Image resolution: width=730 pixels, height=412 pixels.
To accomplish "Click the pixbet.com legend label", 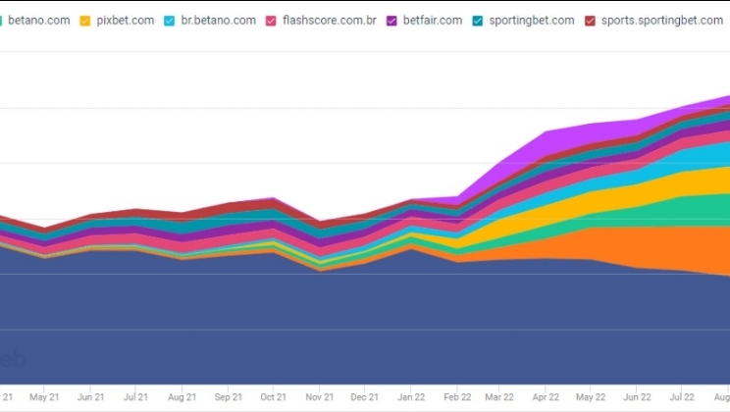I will pyautogui.click(x=126, y=20).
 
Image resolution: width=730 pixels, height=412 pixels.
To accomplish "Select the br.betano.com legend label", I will pyautogui.click(x=219, y=20).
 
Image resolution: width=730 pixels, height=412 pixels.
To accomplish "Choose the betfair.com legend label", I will pyautogui.click(x=432, y=20).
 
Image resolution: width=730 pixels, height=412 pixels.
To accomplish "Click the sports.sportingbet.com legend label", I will pyautogui.click(x=662, y=20).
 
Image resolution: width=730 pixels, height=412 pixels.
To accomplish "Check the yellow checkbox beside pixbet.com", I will pyautogui.click(x=85, y=20).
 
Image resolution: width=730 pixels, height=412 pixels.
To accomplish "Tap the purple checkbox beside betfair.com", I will pyautogui.click(x=391, y=20).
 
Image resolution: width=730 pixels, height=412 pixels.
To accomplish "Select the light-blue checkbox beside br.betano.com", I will pyautogui.click(x=170, y=20).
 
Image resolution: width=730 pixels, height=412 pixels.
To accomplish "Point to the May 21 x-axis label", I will pyautogui.click(x=44, y=397).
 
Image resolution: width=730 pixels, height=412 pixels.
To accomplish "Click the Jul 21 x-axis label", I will pyautogui.click(x=136, y=397).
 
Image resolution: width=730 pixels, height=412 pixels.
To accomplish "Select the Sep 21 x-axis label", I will pyautogui.click(x=228, y=397).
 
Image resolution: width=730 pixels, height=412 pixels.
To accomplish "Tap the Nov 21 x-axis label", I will pyautogui.click(x=319, y=397).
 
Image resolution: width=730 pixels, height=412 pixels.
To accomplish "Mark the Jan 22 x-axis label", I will pyautogui.click(x=411, y=397).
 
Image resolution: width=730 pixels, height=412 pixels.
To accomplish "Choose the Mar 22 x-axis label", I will pyautogui.click(x=498, y=397).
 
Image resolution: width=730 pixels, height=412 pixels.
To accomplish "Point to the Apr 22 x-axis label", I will pyautogui.click(x=545, y=397).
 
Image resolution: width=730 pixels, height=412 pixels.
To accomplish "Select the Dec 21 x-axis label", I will pyautogui.click(x=364, y=397).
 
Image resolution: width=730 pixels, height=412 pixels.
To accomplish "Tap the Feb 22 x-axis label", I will pyautogui.click(x=456, y=397).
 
